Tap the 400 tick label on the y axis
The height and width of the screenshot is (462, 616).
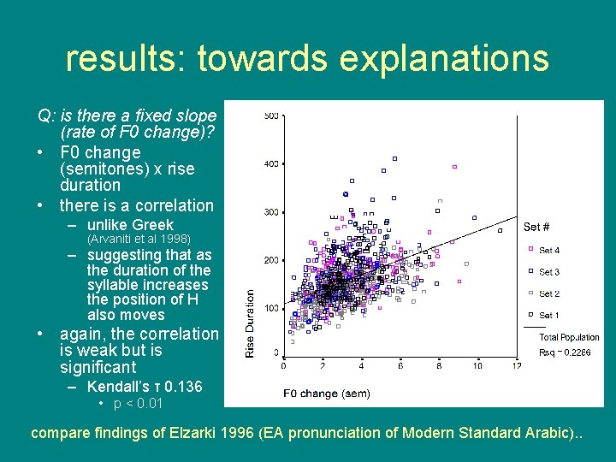pos(270,163)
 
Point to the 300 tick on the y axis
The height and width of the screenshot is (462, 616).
pos(270,212)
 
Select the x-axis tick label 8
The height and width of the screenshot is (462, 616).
pos(439,365)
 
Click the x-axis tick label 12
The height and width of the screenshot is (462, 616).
pos(516,365)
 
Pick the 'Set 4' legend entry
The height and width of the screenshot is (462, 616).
pos(549,251)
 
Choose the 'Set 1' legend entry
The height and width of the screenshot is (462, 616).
pos(549,316)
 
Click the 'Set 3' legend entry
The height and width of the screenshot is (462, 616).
pos(549,272)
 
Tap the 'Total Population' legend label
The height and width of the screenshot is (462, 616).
pos(569,338)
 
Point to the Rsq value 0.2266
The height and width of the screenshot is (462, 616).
pos(579,351)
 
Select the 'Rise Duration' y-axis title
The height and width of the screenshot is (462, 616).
pos(251,323)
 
